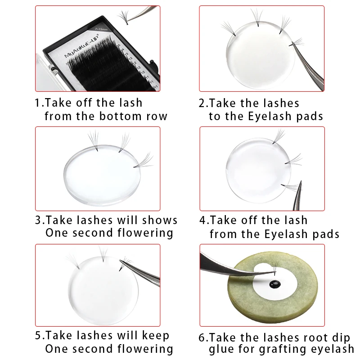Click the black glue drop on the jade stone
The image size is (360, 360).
(x=275, y=284)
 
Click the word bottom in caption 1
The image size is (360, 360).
(x=120, y=116)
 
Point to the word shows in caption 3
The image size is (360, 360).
(x=160, y=220)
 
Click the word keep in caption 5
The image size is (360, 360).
(x=155, y=336)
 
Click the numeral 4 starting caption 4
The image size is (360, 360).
(x=202, y=220)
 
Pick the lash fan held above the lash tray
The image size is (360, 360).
(x=124, y=17)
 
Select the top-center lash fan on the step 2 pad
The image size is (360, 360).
(x=257, y=17)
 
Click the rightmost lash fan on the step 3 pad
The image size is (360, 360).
(x=144, y=161)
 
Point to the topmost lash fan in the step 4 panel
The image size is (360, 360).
(x=278, y=136)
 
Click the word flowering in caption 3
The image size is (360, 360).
(x=145, y=233)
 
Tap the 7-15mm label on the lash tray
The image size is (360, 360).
(x=101, y=29)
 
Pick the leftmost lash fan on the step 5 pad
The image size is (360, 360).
(x=73, y=261)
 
